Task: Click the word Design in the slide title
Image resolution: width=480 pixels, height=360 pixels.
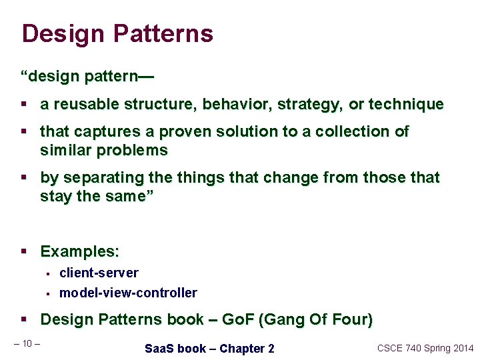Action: tap(63, 34)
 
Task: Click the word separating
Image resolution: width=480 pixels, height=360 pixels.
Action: tap(95, 178)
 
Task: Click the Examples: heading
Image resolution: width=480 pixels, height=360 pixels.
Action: tap(80, 252)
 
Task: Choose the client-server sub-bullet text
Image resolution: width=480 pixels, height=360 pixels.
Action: tap(99, 273)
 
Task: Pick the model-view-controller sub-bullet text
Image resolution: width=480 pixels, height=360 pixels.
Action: tap(128, 293)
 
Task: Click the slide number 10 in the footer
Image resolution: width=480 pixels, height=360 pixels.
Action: tap(27, 343)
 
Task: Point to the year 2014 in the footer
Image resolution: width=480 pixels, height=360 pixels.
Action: tap(461, 348)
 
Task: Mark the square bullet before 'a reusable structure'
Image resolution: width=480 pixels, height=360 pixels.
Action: tap(24, 105)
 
